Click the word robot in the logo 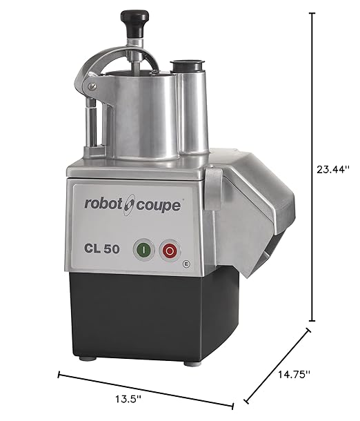click(x=103, y=205)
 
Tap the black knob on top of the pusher click(x=132, y=17)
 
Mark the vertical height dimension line click(x=314, y=166)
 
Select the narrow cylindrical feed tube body click(x=192, y=110)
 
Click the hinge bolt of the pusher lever click(x=90, y=85)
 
